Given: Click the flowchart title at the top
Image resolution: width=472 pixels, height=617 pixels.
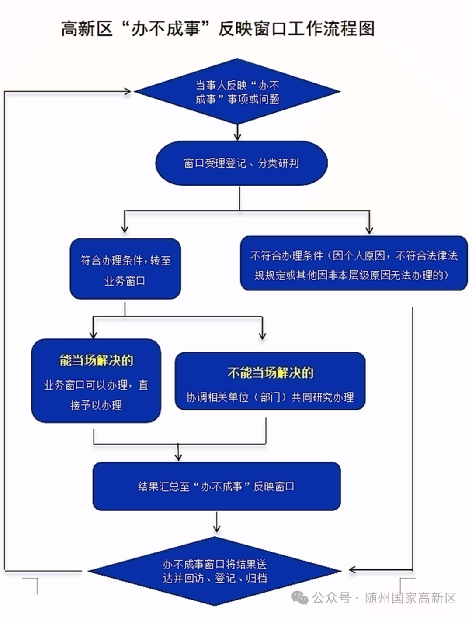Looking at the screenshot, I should click(218, 29).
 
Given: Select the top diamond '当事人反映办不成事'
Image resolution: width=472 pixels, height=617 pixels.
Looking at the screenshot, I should click(237, 92).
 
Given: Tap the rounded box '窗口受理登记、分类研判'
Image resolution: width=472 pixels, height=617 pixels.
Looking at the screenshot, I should click(241, 163).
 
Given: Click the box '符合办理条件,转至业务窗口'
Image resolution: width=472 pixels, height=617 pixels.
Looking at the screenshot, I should click(125, 269).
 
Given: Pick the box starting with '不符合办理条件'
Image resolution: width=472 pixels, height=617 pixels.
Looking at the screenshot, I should click(354, 264).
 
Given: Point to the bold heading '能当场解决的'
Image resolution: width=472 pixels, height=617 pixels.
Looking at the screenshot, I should click(96, 360).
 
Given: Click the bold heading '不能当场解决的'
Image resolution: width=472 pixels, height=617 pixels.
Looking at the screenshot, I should click(270, 372).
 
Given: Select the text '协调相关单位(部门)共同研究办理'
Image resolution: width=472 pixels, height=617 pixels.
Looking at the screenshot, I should click(270, 397).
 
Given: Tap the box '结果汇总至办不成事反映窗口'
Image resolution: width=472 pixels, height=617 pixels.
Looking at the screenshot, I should click(216, 486).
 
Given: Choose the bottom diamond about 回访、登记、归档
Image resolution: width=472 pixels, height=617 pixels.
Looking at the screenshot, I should click(215, 571).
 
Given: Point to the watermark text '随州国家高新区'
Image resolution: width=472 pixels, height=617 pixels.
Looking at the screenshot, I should click(410, 598).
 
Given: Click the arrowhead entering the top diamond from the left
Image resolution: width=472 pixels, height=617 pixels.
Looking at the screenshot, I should click(128, 91).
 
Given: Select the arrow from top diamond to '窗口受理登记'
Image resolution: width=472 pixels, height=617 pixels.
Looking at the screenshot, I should click(237, 132).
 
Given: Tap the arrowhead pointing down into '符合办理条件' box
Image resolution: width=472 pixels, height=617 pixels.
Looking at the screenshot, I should click(125, 229).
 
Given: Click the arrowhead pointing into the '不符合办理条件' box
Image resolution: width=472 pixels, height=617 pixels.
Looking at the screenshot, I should click(369, 229).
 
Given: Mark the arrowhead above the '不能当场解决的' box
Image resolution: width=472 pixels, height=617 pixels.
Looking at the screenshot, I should click(262, 335).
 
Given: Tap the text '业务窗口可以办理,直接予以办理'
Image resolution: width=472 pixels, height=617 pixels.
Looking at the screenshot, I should click(96, 395).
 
